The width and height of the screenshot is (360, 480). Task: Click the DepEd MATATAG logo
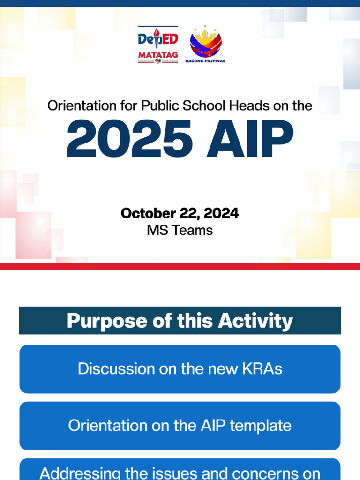coord(158,45)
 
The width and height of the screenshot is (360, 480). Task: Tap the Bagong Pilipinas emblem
coord(205,45)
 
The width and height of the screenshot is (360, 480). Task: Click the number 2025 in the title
coord(129,139)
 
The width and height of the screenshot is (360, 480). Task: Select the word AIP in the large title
coord(250,139)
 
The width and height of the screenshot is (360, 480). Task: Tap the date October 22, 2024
coord(180,214)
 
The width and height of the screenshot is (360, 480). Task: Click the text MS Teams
coord(180,230)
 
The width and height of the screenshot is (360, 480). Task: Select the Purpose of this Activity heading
coord(180,321)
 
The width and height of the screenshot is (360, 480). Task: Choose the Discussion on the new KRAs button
coord(180,369)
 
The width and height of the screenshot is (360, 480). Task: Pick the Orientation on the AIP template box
coord(180,426)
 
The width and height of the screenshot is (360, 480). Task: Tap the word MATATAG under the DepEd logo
coord(158,55)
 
